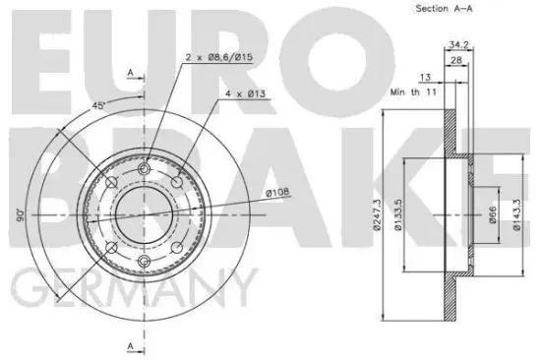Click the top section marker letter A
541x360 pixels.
tap(130, 72)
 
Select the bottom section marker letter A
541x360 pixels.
tap(130, 344)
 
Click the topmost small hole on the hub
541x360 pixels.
tap(145, 170)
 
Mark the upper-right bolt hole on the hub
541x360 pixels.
tap(177, 183)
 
